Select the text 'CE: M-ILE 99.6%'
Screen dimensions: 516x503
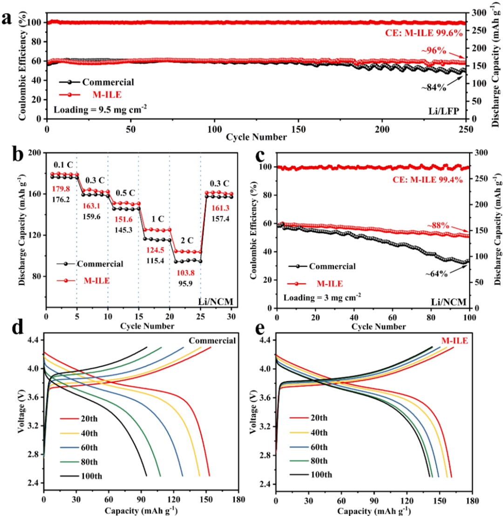(x=423, y=33)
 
